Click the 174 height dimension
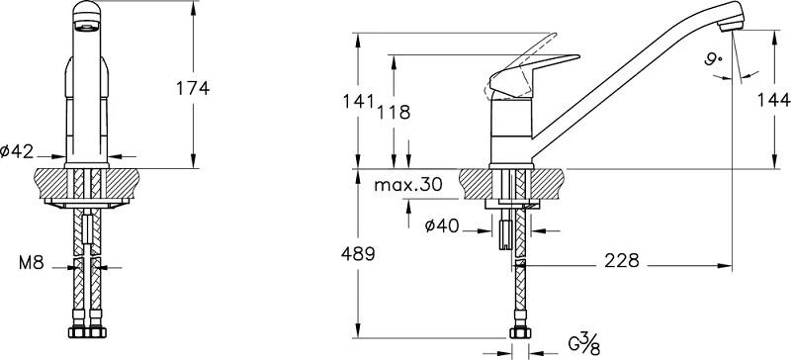[192, 88]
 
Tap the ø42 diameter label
[17, 151]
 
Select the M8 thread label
[32, 262]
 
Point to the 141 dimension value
[358, 102]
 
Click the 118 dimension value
[394, 112]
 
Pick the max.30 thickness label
[408, 185]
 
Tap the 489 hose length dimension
[359, 253]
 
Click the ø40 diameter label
[442, 226]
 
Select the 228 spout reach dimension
[622, 260]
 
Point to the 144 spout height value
[774, 101]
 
